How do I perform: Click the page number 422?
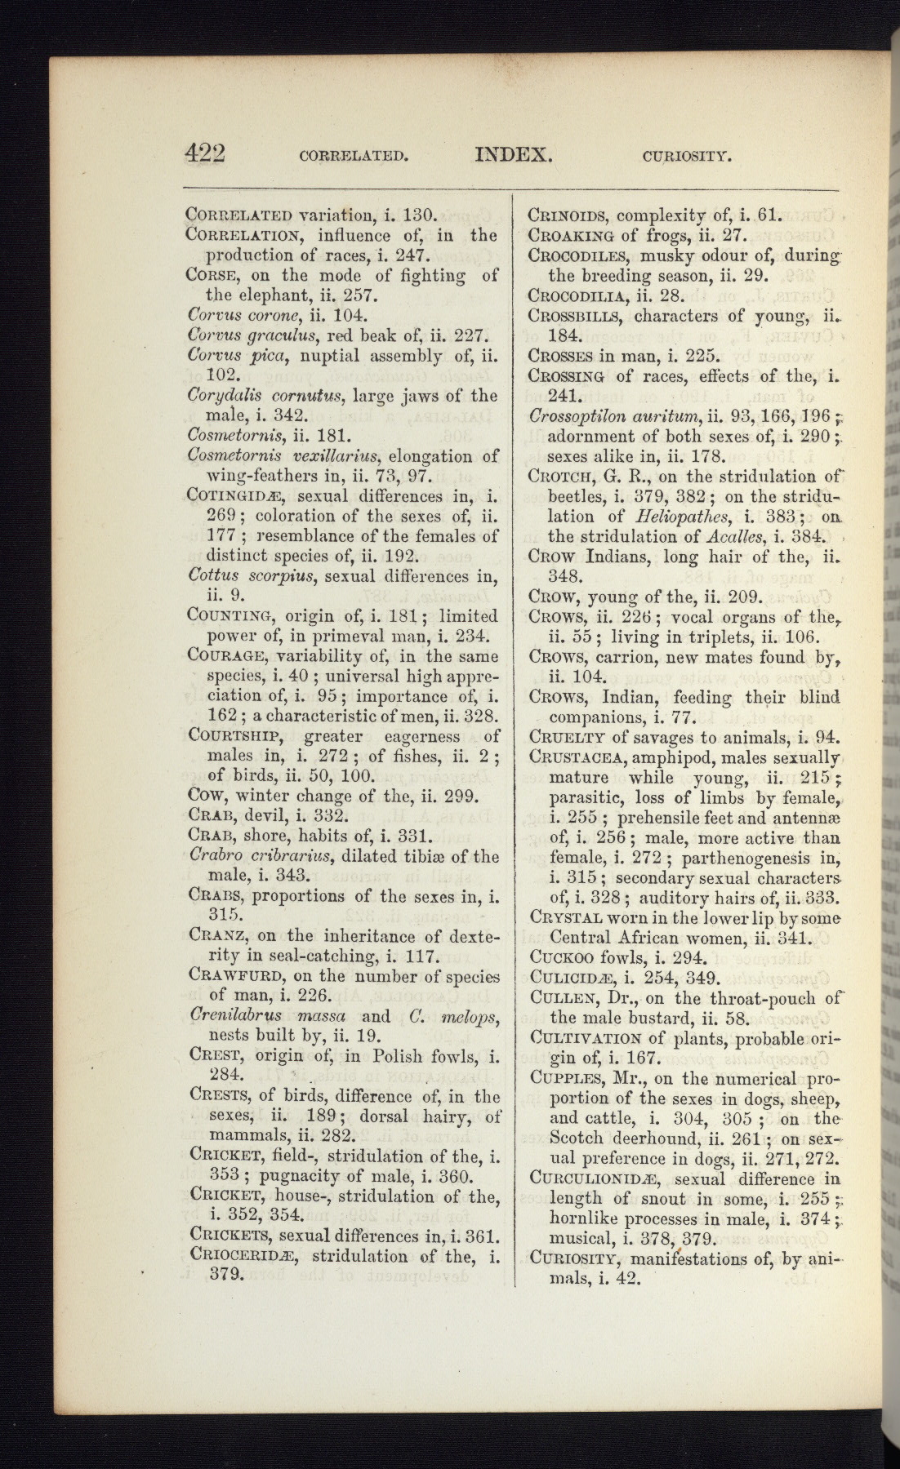pos(205,153)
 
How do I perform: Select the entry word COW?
pos(203,797)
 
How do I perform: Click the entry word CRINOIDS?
pos(566,217)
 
